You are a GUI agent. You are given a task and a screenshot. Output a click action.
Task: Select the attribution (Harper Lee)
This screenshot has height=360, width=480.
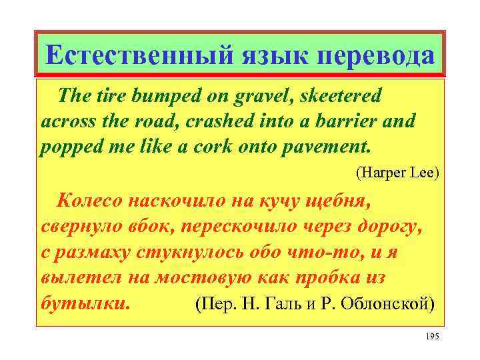397,173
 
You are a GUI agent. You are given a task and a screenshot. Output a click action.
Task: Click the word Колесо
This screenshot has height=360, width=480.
91,200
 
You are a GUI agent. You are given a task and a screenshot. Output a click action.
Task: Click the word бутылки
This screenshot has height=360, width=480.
83,303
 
